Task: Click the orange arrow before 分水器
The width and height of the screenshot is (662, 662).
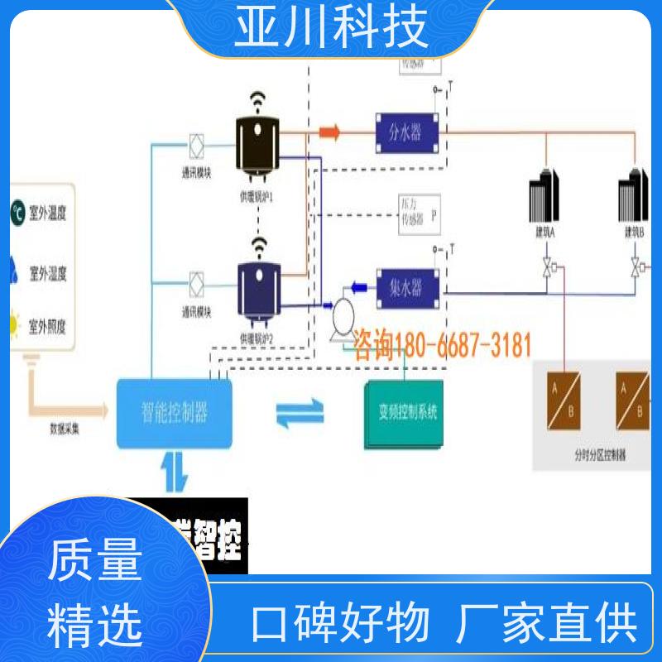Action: (329, 131)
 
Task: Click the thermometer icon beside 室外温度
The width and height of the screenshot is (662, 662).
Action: (17, 212)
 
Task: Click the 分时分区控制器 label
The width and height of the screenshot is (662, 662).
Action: (597, 454)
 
